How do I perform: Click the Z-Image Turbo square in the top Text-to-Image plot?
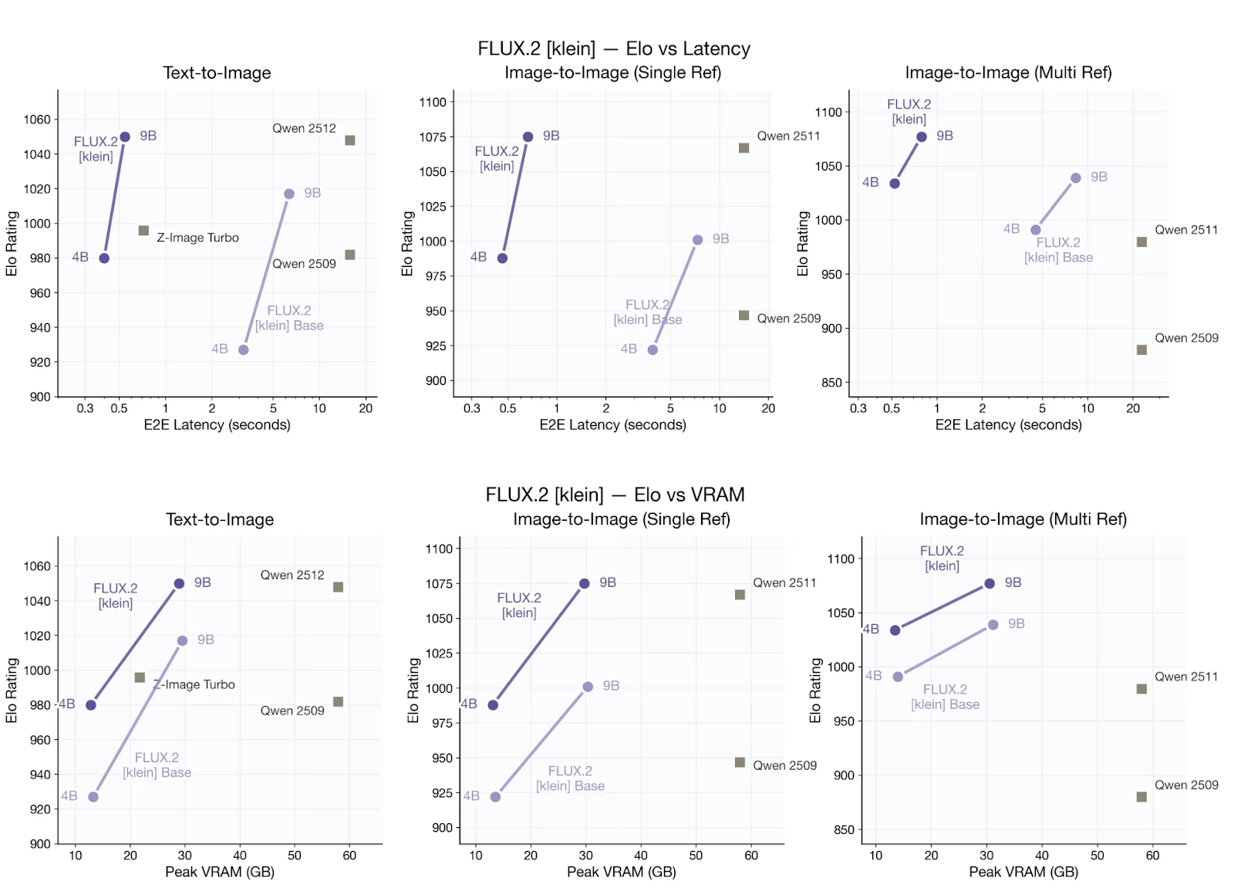[x=143, y=231]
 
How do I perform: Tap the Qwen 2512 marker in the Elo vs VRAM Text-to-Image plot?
[x=338, y=587]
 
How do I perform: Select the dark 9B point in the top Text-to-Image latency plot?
[x=125, y=137]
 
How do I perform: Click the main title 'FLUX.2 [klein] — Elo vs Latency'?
[x=613, y=49]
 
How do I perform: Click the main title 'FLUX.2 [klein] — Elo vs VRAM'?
[x=615, y=495]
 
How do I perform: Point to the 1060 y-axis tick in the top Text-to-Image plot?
[x=37, y=120]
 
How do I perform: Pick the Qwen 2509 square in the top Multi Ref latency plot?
[x=1141, y=349]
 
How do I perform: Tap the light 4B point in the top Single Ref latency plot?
[x=652, y=350]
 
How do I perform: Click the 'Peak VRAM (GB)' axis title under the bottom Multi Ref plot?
[x=1023, y=872]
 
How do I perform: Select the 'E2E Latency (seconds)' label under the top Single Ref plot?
[x=612, y=425]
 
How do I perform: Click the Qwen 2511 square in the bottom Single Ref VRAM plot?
[x=740, y=595]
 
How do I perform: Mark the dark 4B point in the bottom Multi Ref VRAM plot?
[x=895, y=630]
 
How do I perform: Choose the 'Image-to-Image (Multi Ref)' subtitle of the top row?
[x=1008, y=73]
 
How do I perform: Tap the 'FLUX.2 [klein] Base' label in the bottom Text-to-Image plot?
[x=157, y=765]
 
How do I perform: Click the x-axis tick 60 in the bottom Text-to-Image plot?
[x=349, y=855]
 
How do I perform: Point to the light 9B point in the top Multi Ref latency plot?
[x=1075, y=178]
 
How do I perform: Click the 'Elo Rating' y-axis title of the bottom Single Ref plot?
[x=413, y=690]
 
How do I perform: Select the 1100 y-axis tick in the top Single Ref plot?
[x=433, y=102]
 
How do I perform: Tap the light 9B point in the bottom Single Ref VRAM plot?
[x=588, y=687]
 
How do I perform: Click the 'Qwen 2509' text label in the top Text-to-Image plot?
[x=304, y=264]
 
